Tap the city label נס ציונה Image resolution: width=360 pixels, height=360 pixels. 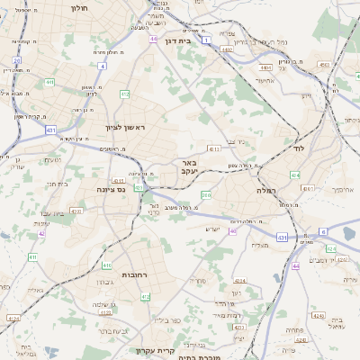[x=115, y=190]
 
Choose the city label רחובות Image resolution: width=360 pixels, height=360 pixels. [x=135, y=274]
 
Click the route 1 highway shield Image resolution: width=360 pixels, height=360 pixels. [x=206, y=40]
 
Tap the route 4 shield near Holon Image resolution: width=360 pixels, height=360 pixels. [x=103, y=66]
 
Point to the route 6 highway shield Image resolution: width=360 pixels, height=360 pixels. [x=322, y=231]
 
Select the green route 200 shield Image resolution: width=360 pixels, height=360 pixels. [x=206, y=194]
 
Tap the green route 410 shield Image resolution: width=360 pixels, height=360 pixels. [x=106, y=265]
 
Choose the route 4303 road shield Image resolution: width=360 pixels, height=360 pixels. [x=76, y=211]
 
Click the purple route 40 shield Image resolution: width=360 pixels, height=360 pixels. [x=232, y=230]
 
